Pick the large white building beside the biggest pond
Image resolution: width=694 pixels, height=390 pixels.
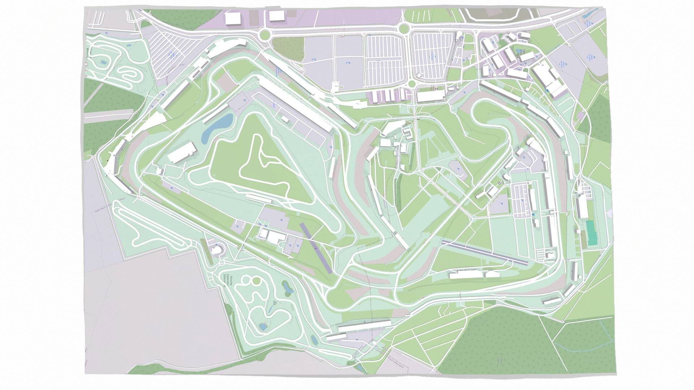click(x=182, y=152)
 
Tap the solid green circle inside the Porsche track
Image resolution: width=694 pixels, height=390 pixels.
click(x=256, y=281)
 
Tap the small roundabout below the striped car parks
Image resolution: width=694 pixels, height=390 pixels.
click(x=411, y=84)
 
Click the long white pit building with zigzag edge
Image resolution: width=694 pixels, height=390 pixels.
click(x=295, y=103)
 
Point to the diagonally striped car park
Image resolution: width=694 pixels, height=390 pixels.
click(x=177, y=51)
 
